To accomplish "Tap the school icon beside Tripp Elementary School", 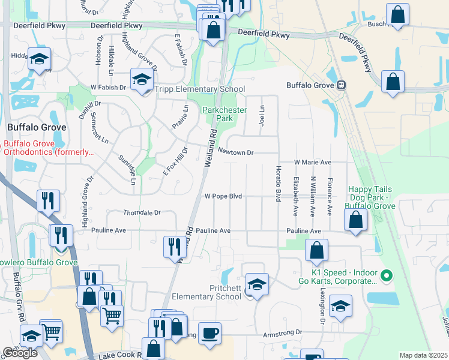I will tap(141, 80).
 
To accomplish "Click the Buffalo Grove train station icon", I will tap(341, 85).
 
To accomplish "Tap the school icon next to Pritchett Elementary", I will tap(257, 284).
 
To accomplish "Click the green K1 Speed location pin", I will tap(387, 277).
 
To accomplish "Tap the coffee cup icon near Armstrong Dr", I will tap(209, 333).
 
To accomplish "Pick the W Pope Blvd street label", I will tap(223, 196).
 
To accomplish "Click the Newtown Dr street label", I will tap(235, 152).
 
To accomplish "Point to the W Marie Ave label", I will tap(312, 163).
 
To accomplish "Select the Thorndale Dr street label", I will tap(142, 213).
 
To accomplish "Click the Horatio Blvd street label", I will tap(278, 184).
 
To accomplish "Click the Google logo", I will tap(20, 353).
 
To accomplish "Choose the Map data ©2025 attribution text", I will tap(423, 355).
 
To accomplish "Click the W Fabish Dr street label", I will tap(107, 88).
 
